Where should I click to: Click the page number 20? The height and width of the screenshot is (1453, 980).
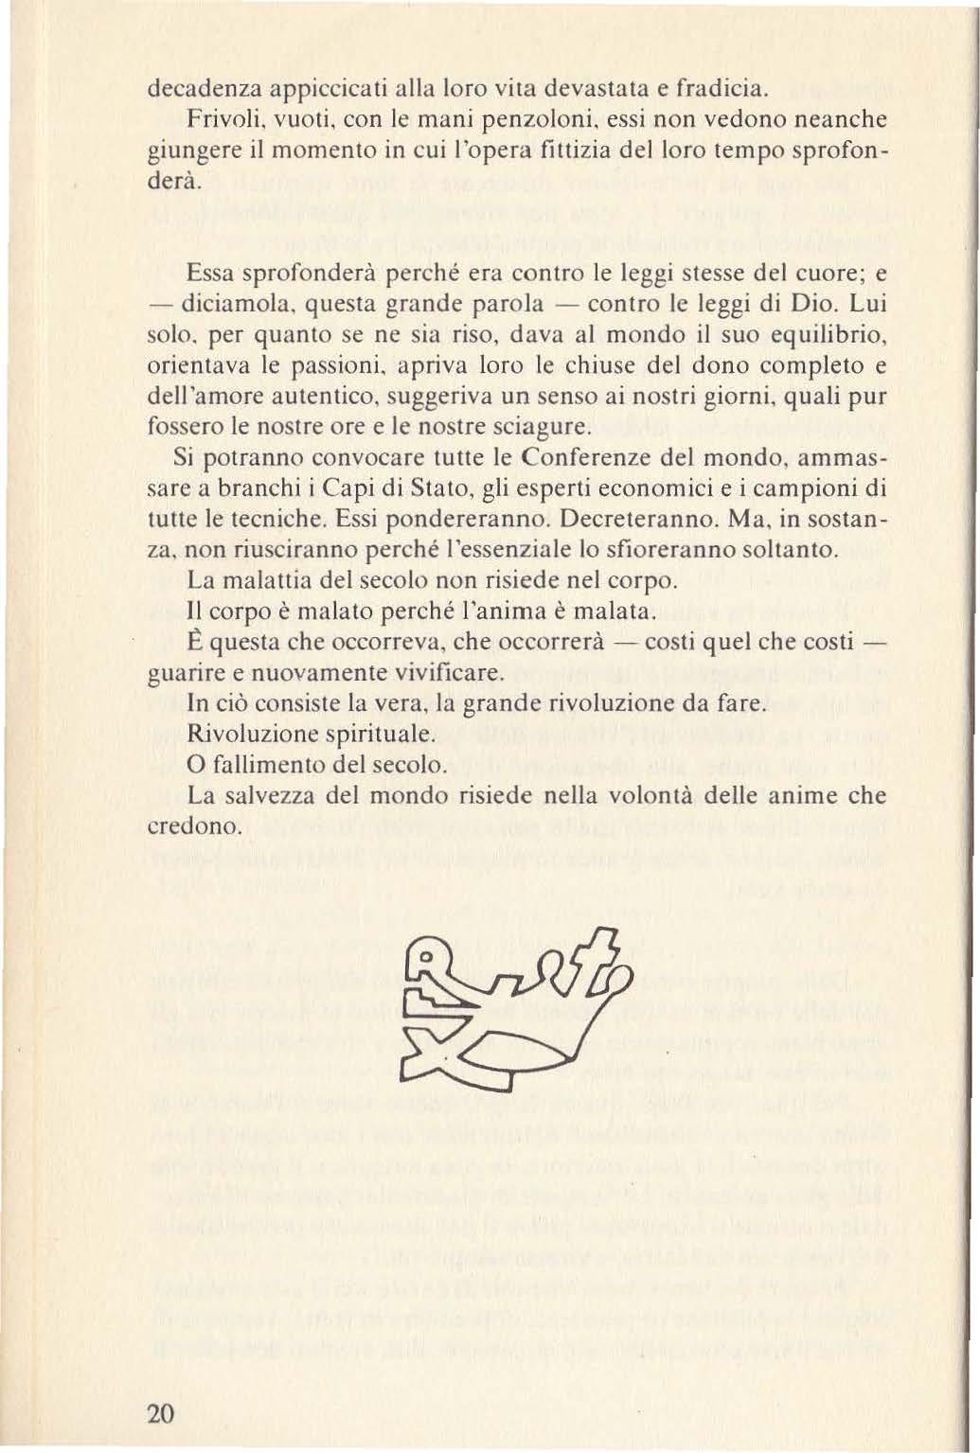161,1413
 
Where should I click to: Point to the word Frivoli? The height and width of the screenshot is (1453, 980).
220,121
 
